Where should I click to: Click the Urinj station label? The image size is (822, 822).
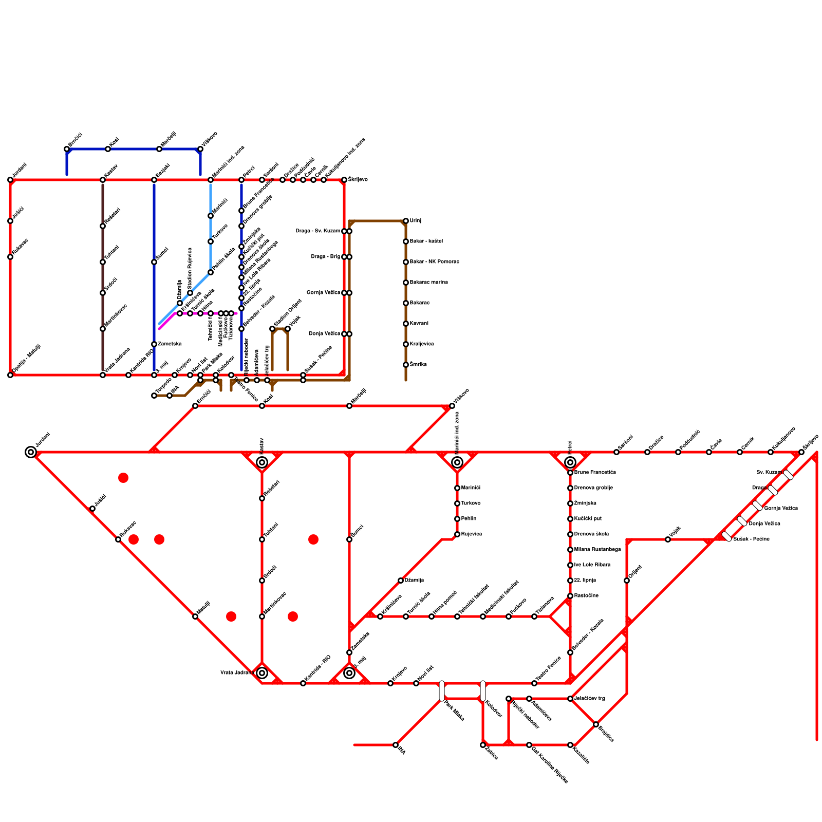416,221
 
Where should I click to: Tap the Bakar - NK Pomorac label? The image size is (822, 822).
434,262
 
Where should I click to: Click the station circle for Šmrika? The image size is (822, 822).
406,365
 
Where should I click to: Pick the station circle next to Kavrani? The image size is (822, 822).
406,324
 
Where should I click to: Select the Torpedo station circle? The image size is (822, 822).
154,396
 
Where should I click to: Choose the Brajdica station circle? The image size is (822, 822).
596,724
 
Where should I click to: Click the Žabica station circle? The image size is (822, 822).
483,745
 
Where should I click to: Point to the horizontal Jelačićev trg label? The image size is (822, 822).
589,699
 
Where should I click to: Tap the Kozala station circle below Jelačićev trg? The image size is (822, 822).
570,745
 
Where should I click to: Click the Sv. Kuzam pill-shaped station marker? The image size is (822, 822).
789,475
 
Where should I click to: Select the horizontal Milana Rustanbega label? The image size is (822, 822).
597,550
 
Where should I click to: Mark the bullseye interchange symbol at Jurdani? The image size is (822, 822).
31,452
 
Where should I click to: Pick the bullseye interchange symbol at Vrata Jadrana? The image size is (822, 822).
262,673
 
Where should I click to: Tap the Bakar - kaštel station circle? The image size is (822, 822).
406,241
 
